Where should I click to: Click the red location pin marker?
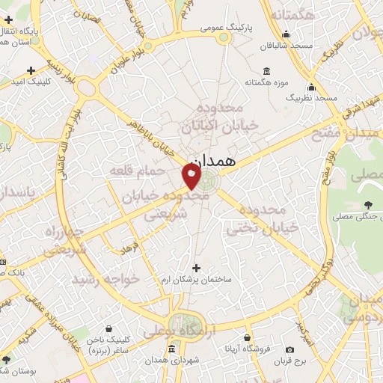click(x=191, y=177)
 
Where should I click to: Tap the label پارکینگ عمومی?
click(x=226, y=28)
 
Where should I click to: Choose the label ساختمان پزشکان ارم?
click(x=197, y=279)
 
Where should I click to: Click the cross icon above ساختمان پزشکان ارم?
click(x=197, y=267)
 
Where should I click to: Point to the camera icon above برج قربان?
click(x=289, y=350)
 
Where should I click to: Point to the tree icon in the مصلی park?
click(x=367, y=205)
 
